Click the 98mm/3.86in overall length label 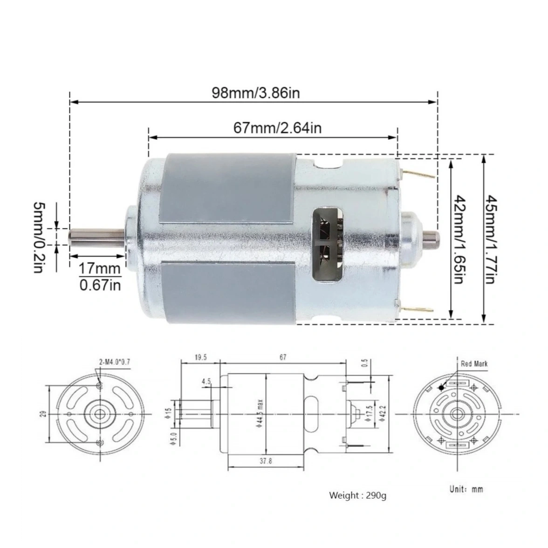pyautogui.click(x=256, y=93)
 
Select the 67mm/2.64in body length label pyautogui.click(x=278, y=128)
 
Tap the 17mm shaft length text pyautogui.click(x=100, y=269)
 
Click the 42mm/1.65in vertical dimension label pyautogui.click(x=459, y=240)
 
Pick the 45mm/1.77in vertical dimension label pyautogui.click(x=492, y=240)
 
